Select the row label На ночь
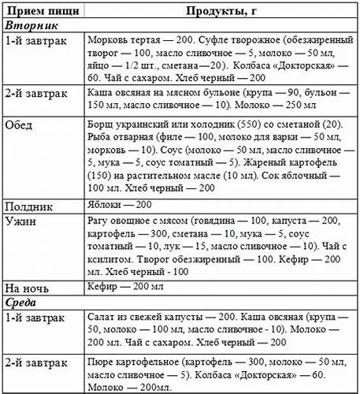[25, 287]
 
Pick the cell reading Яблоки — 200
[118, 206]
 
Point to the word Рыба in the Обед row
[102, 139]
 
